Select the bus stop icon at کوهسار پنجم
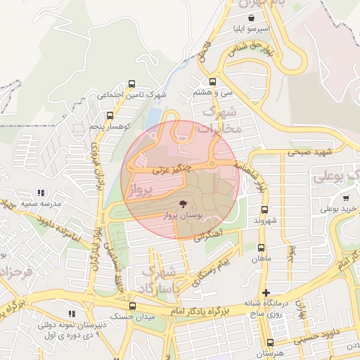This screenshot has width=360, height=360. click(x=109, y=115)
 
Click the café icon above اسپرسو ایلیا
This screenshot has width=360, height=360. click(x=252, y=18)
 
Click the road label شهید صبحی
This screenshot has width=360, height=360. click(x=313, y=150)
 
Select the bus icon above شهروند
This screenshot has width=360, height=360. click(x=264, y=209)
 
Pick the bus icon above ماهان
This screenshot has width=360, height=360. click(x=261, y=247)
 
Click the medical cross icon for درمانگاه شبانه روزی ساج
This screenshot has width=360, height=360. click(x=265, y=292)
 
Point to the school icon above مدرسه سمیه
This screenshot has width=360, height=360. click(x=41, y=192)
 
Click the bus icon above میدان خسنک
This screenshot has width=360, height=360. click(x=131, y=306)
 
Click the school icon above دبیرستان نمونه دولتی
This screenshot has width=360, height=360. click(x=70, y=314)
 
